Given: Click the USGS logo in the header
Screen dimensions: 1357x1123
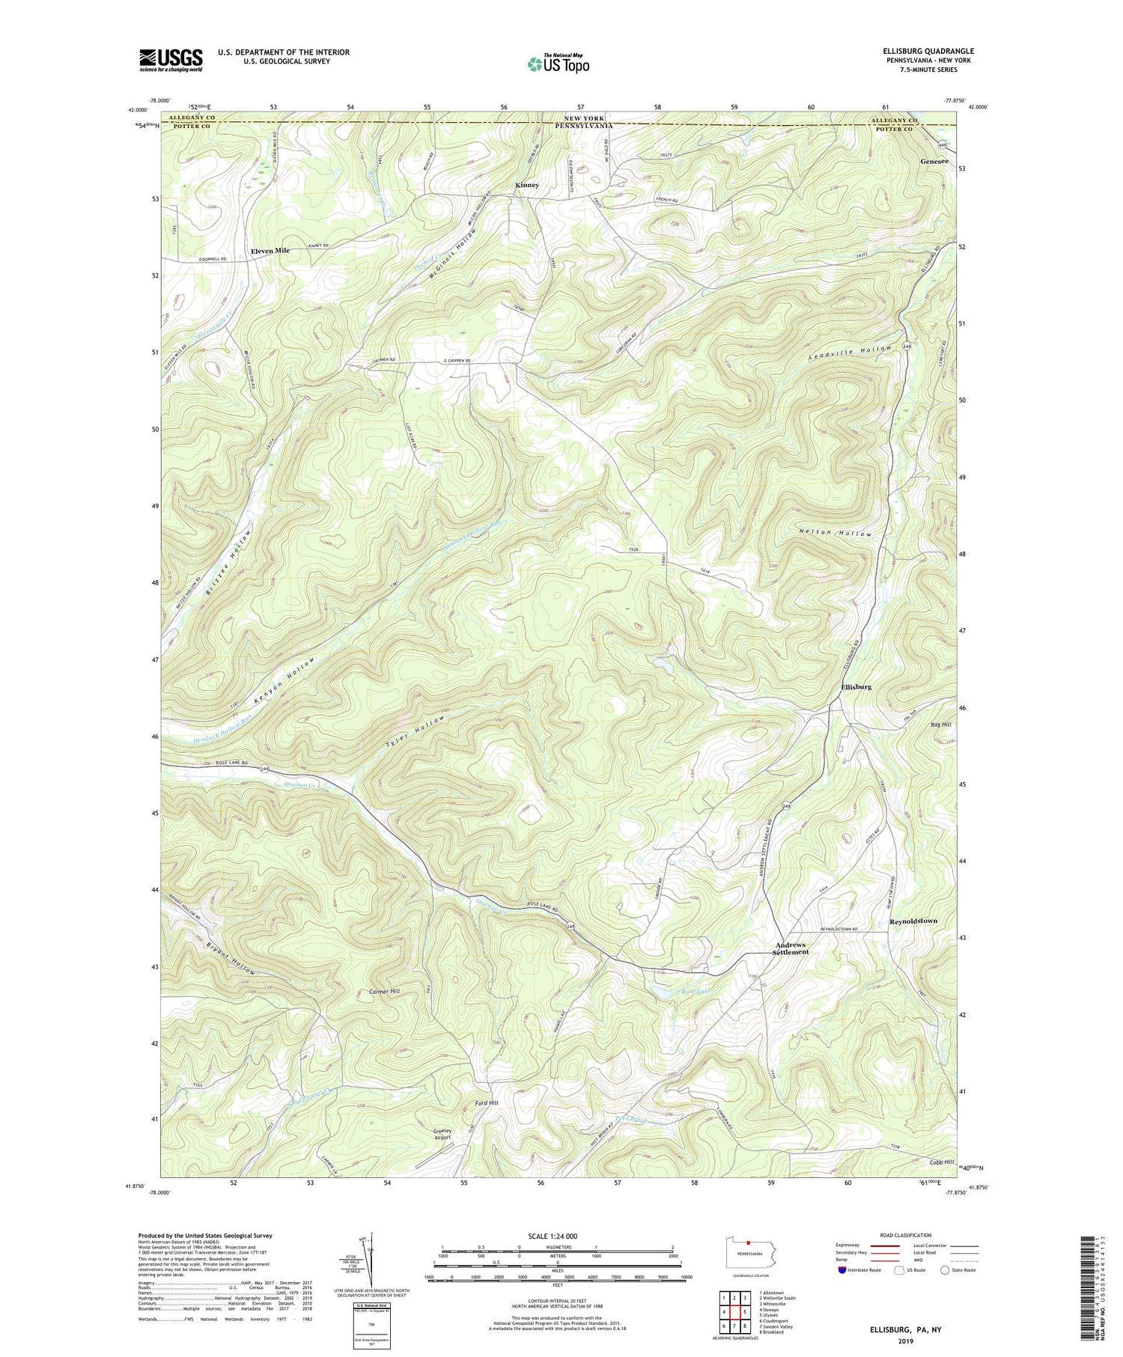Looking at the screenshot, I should coord(171,60).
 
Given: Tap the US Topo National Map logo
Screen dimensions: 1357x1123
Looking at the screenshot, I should coord(559,64).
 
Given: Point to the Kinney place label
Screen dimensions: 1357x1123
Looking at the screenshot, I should coord(526,185).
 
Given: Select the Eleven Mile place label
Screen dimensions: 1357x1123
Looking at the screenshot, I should coord(270,251).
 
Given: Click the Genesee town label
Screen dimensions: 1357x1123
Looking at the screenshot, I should coord(934,162).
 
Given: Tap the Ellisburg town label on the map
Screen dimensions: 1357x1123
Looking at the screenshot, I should coord(856,686).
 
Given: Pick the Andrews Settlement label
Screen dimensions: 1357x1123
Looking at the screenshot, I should coord(791,948).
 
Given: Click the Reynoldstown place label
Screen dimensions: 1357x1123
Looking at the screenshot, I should coord(913,921).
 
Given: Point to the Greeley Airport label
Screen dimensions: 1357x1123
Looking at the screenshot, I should coord(442,1135).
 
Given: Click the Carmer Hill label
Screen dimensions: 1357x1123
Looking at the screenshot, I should coord(385,991).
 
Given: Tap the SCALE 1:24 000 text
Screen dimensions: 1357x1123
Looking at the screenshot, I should coord(556,1236).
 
